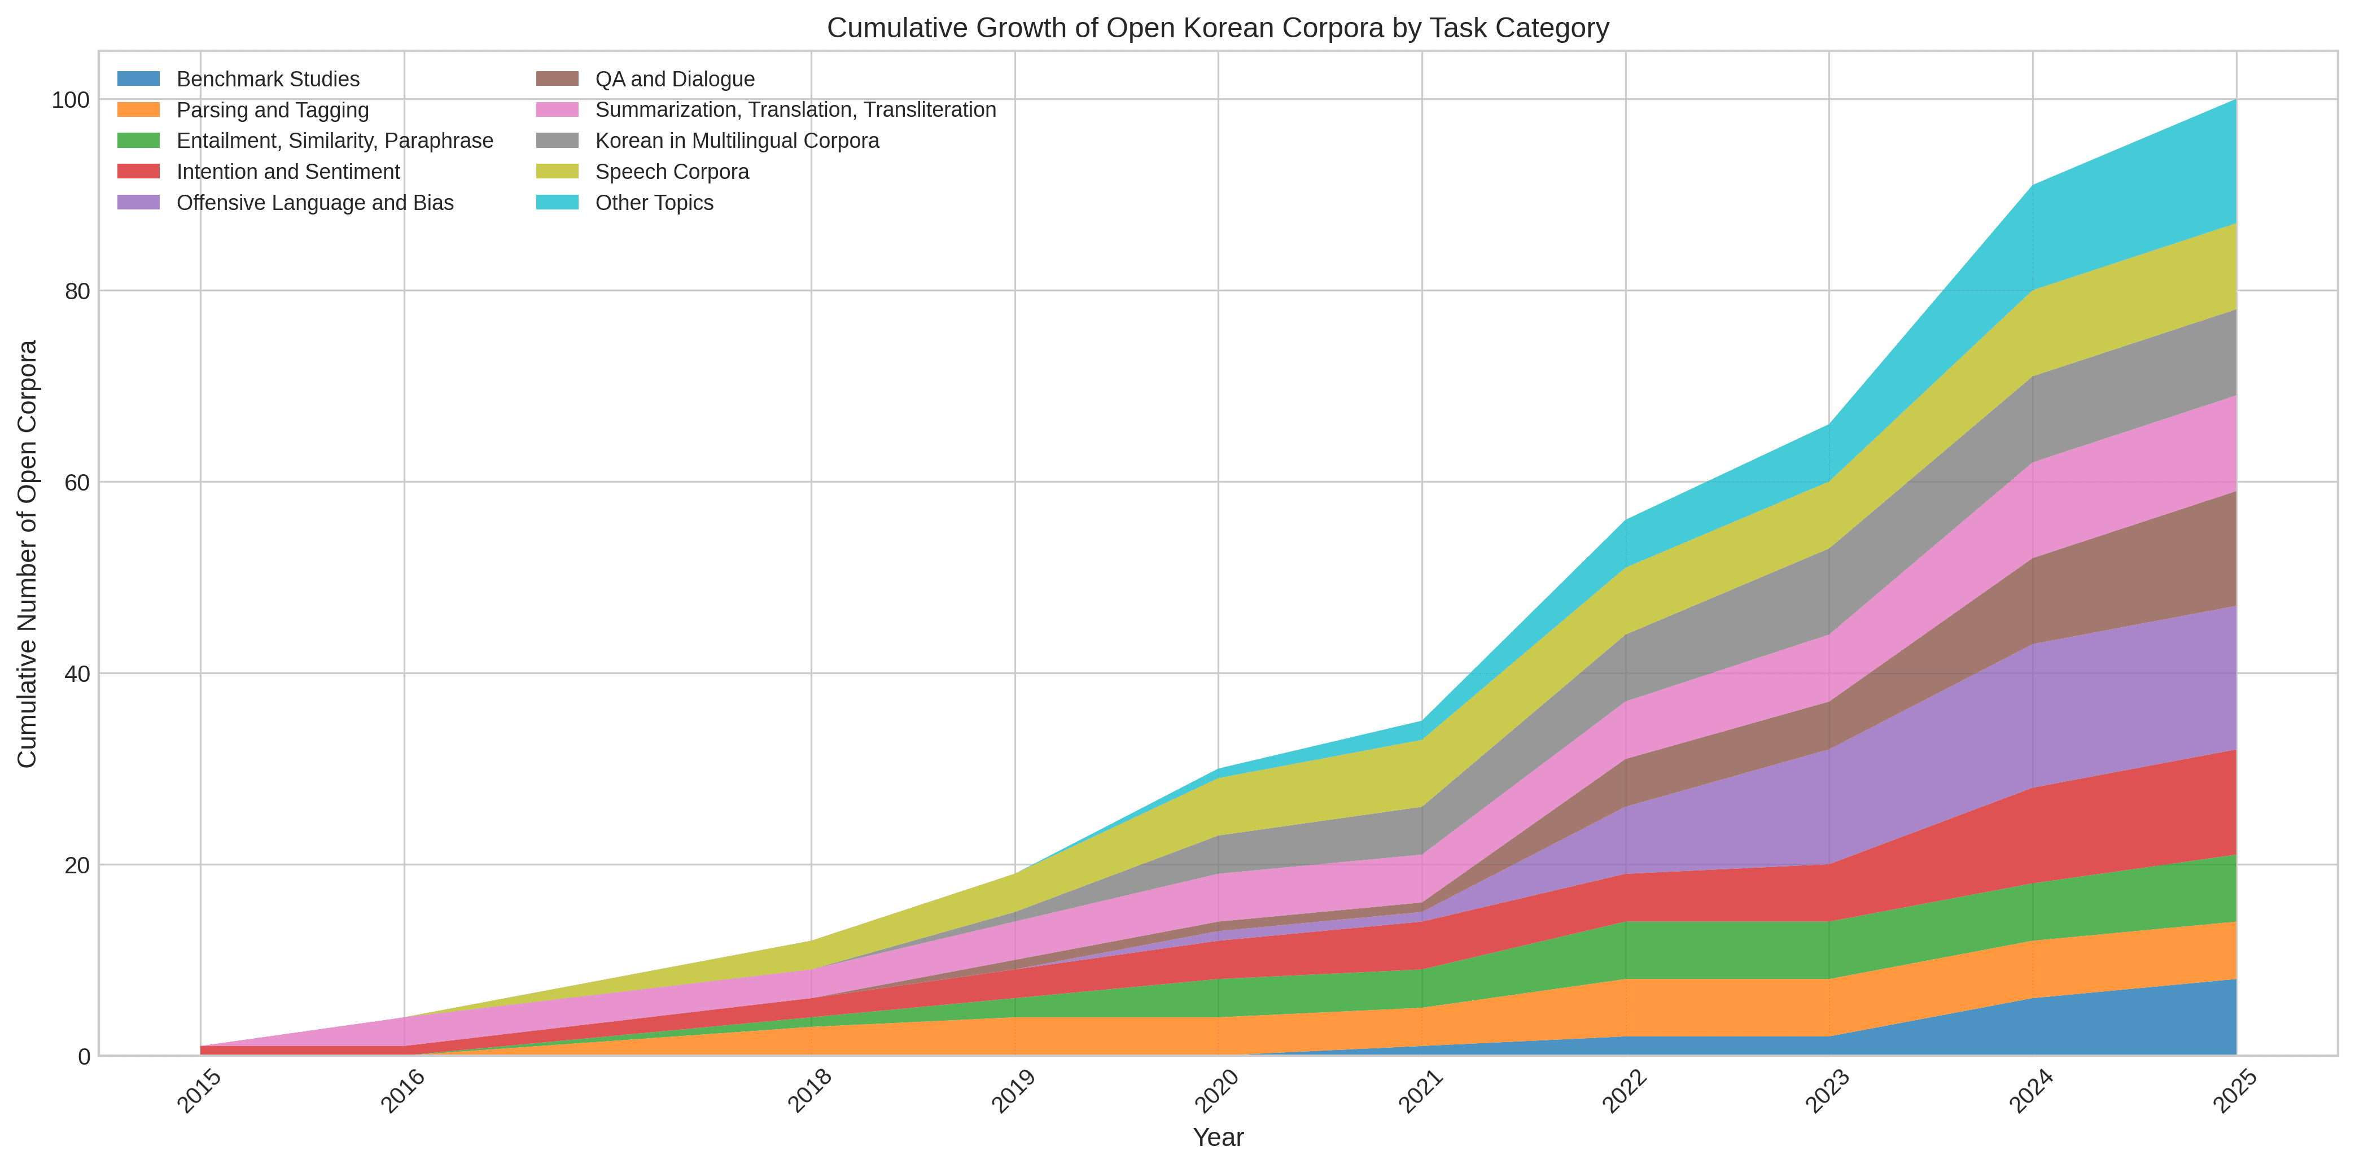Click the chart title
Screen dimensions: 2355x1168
click(1218, 28)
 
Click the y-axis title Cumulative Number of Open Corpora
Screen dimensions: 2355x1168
click(28, 554)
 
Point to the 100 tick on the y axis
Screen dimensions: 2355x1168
click(71, 99)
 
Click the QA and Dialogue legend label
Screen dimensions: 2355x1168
click(675, 80)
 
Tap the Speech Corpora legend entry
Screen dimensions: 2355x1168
click(672, 172)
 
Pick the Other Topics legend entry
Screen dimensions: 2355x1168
click(654, 203)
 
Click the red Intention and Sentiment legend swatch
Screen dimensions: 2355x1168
click(139, 172)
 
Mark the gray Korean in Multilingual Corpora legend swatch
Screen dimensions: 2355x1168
click(557, 141)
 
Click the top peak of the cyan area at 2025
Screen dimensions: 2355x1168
click(2236, 99)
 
